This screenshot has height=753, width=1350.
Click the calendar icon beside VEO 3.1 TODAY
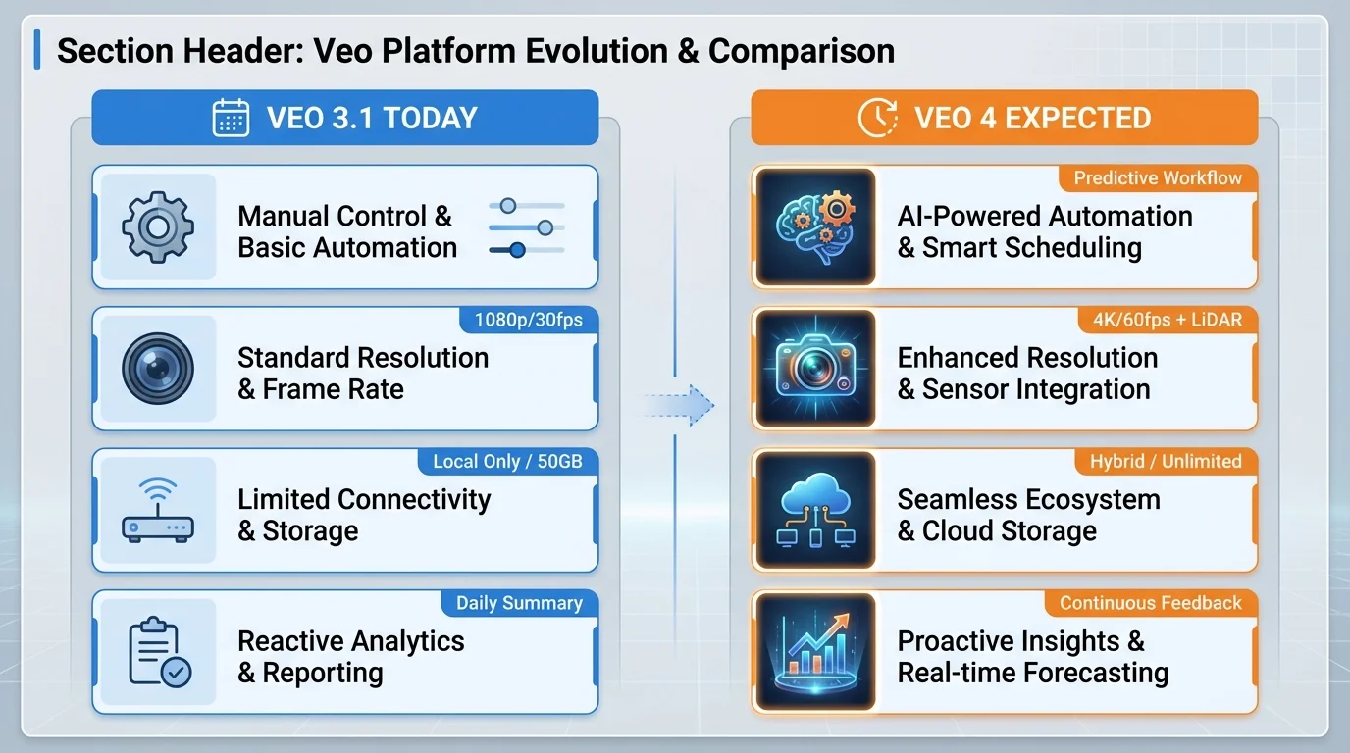click(x=231, y=118)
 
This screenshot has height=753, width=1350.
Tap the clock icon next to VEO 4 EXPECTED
click(x=877, y=118)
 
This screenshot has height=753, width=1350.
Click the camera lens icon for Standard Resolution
click(x=157, y=369)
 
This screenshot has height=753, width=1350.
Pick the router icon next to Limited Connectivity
click(x=157, y=511)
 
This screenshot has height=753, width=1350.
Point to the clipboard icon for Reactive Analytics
click(x=159, y=652)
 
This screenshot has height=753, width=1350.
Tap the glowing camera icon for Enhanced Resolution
click(x=815, y=369)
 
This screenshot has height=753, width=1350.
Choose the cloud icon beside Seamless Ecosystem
click(x=815, y=511)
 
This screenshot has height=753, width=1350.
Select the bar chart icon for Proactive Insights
click(x=815, y=652)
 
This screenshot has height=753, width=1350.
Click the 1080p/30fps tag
click(x=529, y=320)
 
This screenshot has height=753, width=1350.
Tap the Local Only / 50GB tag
click(x=515, y=461)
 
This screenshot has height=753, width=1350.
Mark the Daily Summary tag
click(x=519, y=603)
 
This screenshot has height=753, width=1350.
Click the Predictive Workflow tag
click(x=1158, y=177)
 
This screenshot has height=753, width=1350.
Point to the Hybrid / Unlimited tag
click(x=1166, y=461)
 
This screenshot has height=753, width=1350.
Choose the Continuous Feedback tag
click(x=1151, y=603)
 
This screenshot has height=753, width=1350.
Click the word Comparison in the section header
click(x=801, y=51)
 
